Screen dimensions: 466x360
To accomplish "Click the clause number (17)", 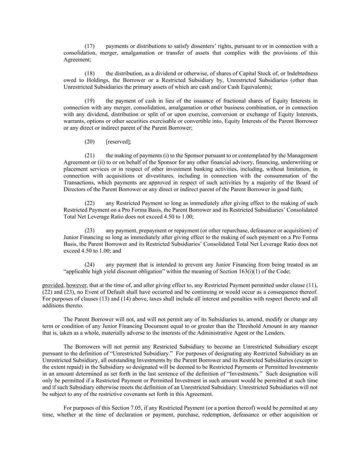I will click(x=89, y=46).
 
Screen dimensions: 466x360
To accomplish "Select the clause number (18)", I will click(x=89, y=73).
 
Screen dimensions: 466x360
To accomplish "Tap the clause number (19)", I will click(x=89, y=101).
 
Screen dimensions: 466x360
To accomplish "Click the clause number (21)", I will click(x=89, y=155).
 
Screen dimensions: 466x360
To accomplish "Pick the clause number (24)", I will click(x=89, y=265).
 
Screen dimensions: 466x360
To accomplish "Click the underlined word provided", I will click(x=53, y=285).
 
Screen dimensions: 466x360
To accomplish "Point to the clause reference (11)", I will click(x=311, y=285).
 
